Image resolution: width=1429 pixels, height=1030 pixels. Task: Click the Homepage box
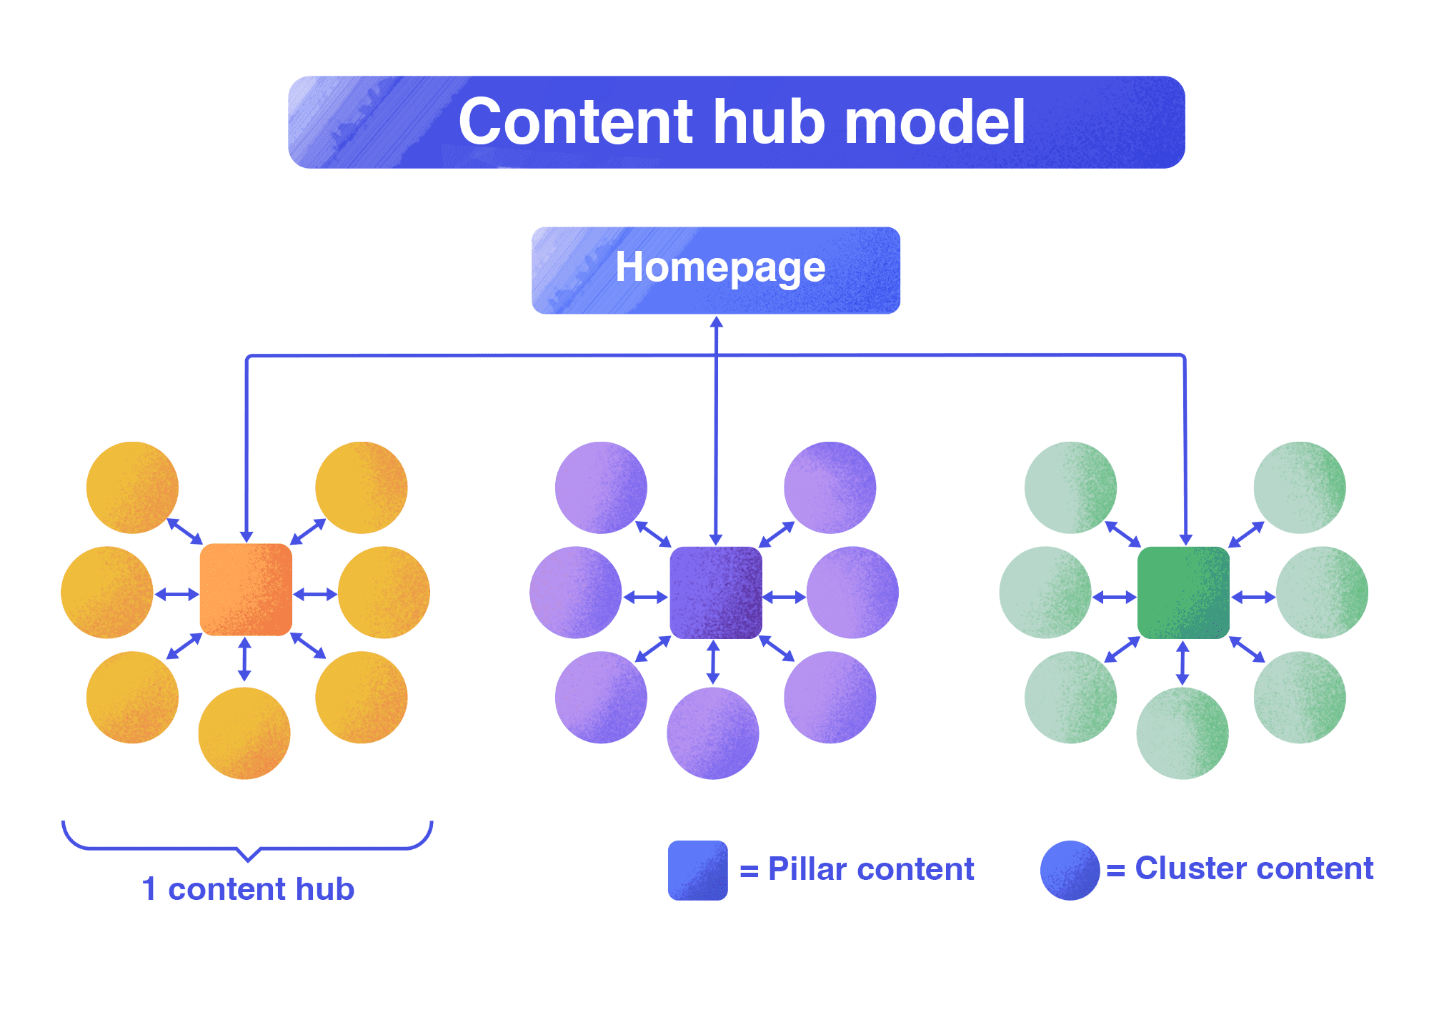point(715,269)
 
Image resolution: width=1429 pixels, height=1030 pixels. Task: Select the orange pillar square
point(246,590)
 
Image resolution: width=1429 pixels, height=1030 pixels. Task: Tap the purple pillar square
point(715,593)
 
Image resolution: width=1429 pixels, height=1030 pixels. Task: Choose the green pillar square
point(1183,593)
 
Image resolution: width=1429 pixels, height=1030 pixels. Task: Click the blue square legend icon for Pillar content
point(697,870)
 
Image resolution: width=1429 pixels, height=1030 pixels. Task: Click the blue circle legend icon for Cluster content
point(1070,870)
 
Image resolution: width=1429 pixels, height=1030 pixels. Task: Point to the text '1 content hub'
point(248,889)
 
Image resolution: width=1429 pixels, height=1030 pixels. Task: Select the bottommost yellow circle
point(244,733)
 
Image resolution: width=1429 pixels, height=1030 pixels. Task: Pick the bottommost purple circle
point(712,733)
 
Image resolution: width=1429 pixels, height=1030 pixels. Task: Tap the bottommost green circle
point(1182,733)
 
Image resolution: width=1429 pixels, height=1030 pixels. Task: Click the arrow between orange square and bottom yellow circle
point(244,659)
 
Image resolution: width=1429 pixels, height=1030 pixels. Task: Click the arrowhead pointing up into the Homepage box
point(716,322)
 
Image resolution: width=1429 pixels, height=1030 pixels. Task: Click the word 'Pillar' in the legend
point(807,869)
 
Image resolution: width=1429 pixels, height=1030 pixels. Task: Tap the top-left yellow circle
point(132,487)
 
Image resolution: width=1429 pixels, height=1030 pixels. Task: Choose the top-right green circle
point(1300,487)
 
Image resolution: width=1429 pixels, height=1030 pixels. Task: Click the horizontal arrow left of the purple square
point(645,597)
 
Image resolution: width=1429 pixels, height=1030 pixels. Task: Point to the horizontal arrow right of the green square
point(1253,597)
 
